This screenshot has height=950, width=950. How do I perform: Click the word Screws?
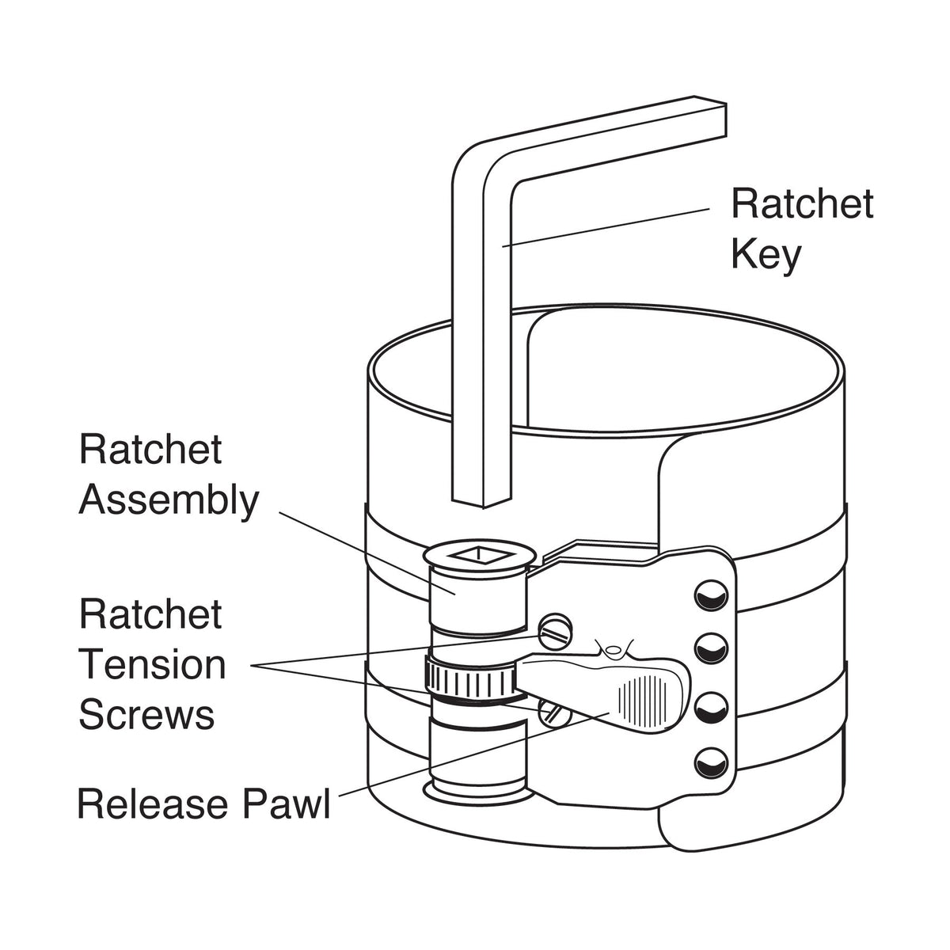click(x=146, y=715)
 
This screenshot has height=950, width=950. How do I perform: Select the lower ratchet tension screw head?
click(x=555, y=712)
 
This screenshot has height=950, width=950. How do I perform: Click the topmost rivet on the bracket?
click(x=710, y=595)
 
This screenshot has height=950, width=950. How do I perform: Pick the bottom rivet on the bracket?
click(x=710, y=762)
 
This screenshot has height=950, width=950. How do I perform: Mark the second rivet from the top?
click(x=710, y=649)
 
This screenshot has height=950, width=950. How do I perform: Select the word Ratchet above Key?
click(x=801, y=204)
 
